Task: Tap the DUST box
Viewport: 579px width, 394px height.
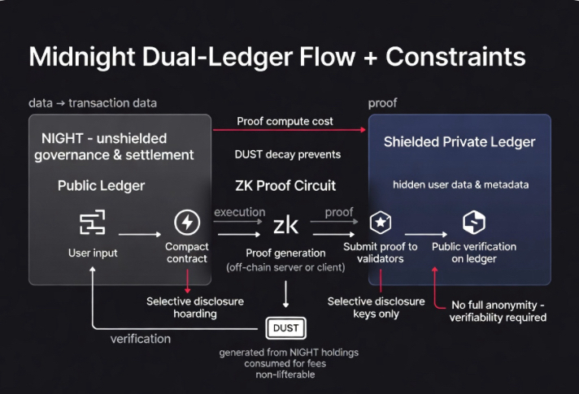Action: pos(286,327)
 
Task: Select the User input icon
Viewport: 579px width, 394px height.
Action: pos(92,223)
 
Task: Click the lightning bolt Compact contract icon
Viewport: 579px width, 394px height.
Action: pos(187,222)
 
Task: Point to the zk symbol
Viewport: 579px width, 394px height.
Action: pos(285,225)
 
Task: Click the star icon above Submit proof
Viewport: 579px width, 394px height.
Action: pos(381,223)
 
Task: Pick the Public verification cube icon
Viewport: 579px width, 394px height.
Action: pos(473,222)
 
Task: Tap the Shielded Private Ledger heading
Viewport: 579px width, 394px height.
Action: pos(459,142)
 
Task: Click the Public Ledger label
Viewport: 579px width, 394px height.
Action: pos(101,186)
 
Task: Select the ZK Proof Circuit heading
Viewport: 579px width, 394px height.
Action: pos(285,186)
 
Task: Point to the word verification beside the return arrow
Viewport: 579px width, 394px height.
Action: pos(141,338)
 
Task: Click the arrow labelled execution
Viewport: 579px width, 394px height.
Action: pos(240,221)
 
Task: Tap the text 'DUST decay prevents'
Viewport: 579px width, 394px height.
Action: pos(287,154)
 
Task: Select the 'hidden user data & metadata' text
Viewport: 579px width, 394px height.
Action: pos(460,184)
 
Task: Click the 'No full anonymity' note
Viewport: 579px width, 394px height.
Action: pos(498,311)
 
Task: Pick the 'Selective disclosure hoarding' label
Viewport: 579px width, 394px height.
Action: pos(194,307)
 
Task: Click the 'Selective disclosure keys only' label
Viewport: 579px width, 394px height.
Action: pos(376,307)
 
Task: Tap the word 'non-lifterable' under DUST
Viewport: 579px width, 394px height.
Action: pos(285,376)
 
